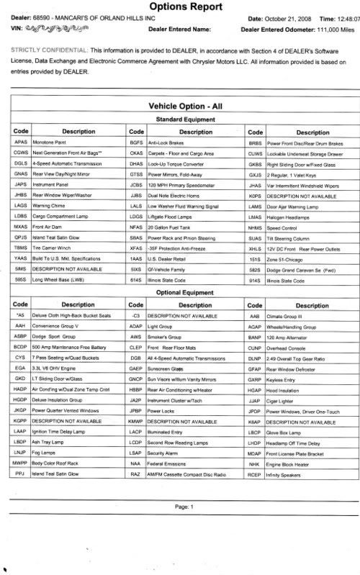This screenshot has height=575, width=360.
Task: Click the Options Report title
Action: click(179, 7)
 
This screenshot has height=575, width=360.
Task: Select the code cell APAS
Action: click(21, 143)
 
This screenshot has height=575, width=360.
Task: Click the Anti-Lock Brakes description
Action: click(166, 143)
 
